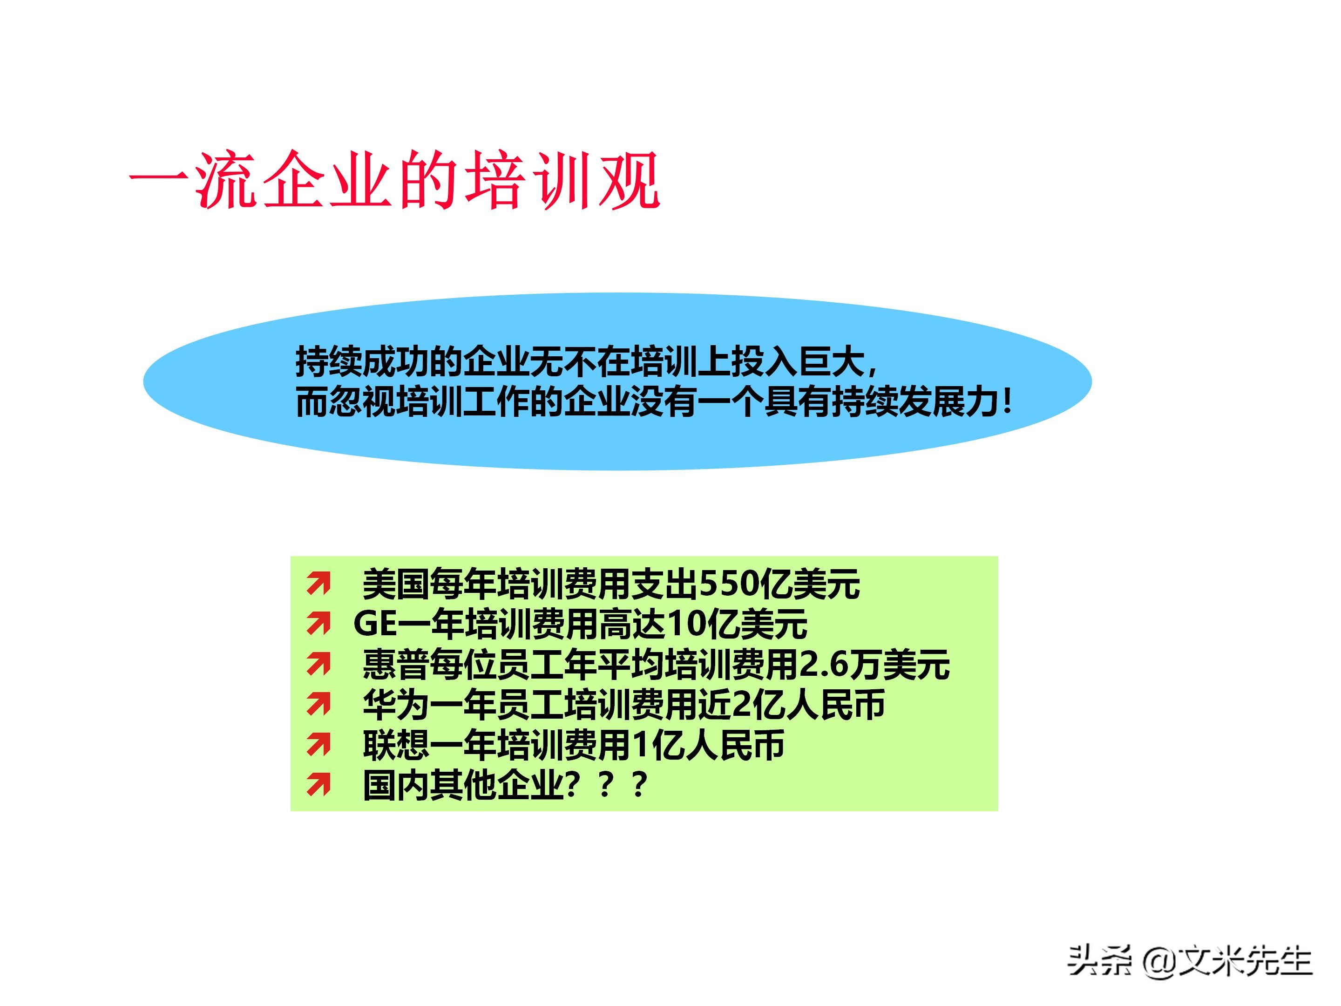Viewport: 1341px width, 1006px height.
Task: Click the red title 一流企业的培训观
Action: click(x=394, y=180)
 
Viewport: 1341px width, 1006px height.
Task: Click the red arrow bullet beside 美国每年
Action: click(x=319, y=584)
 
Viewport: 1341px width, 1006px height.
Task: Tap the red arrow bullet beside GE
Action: click(x=319, y=623)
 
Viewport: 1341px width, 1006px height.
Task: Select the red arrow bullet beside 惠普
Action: click(x=319, y=664)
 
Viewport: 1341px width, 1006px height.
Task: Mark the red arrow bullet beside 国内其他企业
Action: click(x=319, y=785)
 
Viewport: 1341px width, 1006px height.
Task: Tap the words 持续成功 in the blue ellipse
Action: click(x=362, y=362)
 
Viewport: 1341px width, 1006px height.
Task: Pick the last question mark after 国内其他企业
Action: click(x=638, y=785)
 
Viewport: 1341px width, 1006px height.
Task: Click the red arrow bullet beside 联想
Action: click(x=319, y=745)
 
